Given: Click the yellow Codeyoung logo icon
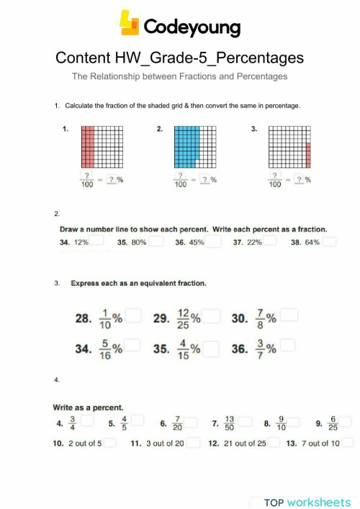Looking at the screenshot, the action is click(x=130, y=23).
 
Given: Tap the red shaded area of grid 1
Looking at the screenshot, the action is click(x=87, y=145).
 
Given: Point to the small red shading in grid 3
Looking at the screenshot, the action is click(x=308, y=154).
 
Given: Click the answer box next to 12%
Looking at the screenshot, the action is click(x=98, y=242).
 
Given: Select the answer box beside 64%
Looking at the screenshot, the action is click(x=329, y=242).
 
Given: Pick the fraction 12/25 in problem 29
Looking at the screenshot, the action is click(x=183, y=317).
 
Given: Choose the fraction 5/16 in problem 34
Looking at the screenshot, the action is click(x=105, y=350).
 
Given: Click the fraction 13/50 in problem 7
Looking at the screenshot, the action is click(x=229, y=423).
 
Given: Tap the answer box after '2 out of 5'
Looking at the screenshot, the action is click(x=110, y=443).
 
